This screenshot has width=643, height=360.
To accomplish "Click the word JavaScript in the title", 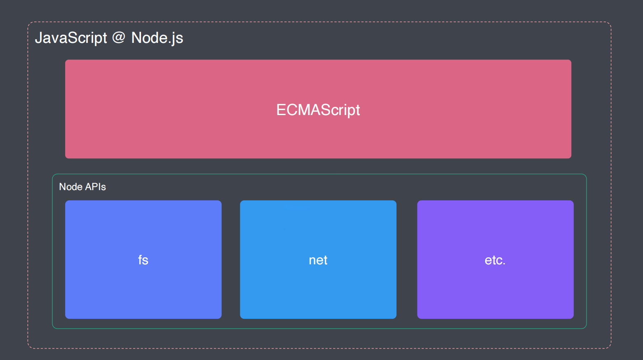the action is (71, 38).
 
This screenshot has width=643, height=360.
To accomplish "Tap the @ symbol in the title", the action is (119, 38).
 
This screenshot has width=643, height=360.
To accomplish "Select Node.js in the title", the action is (157, 38).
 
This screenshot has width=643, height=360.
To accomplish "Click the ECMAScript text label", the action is (318, 110).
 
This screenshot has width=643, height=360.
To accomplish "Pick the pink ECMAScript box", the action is (318, 109).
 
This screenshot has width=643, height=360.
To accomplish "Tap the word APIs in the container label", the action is (96, 187).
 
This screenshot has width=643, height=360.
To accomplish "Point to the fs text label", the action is (143, 260).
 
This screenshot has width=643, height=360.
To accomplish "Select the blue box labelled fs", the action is (143, 259).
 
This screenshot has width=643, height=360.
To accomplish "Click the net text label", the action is (318, 260).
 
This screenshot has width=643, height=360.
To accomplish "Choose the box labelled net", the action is (318, 259).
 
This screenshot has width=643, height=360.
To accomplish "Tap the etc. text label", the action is (495, 260).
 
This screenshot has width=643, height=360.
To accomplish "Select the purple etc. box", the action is (495, 259).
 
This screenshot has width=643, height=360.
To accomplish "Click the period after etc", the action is (504, 264).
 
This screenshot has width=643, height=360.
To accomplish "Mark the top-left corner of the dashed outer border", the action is (28, 22).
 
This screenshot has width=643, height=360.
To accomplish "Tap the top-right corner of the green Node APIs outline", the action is (586, 174).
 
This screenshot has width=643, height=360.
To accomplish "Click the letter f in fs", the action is (141, 260).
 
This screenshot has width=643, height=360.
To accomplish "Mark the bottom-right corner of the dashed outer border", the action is (611, 348).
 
